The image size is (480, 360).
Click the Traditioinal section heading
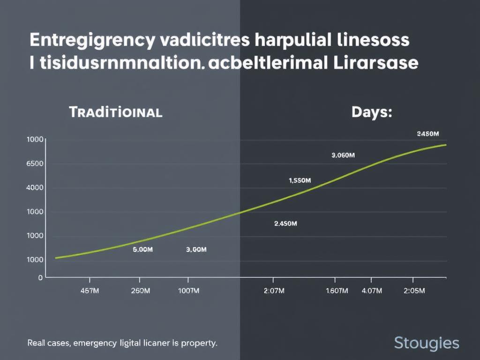coord(115,112)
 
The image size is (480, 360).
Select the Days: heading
coord(371,112)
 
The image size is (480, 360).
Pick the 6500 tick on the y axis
coord(35,164)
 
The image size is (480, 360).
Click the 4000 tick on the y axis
coord(35,187)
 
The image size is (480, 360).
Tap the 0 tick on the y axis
coord(40,277)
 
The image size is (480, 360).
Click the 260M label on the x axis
coord(140,291)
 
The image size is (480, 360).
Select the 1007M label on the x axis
coord(189,291)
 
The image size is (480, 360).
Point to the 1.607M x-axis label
coord(337,291)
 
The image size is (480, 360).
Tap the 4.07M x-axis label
coord(372,291)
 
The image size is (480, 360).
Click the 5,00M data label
coord(143,250)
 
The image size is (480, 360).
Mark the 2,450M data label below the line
coord(285,224)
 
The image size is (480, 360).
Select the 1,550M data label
coord(300,180)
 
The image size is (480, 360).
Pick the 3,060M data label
coord(343,156)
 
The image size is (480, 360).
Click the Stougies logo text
coord(427,343)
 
